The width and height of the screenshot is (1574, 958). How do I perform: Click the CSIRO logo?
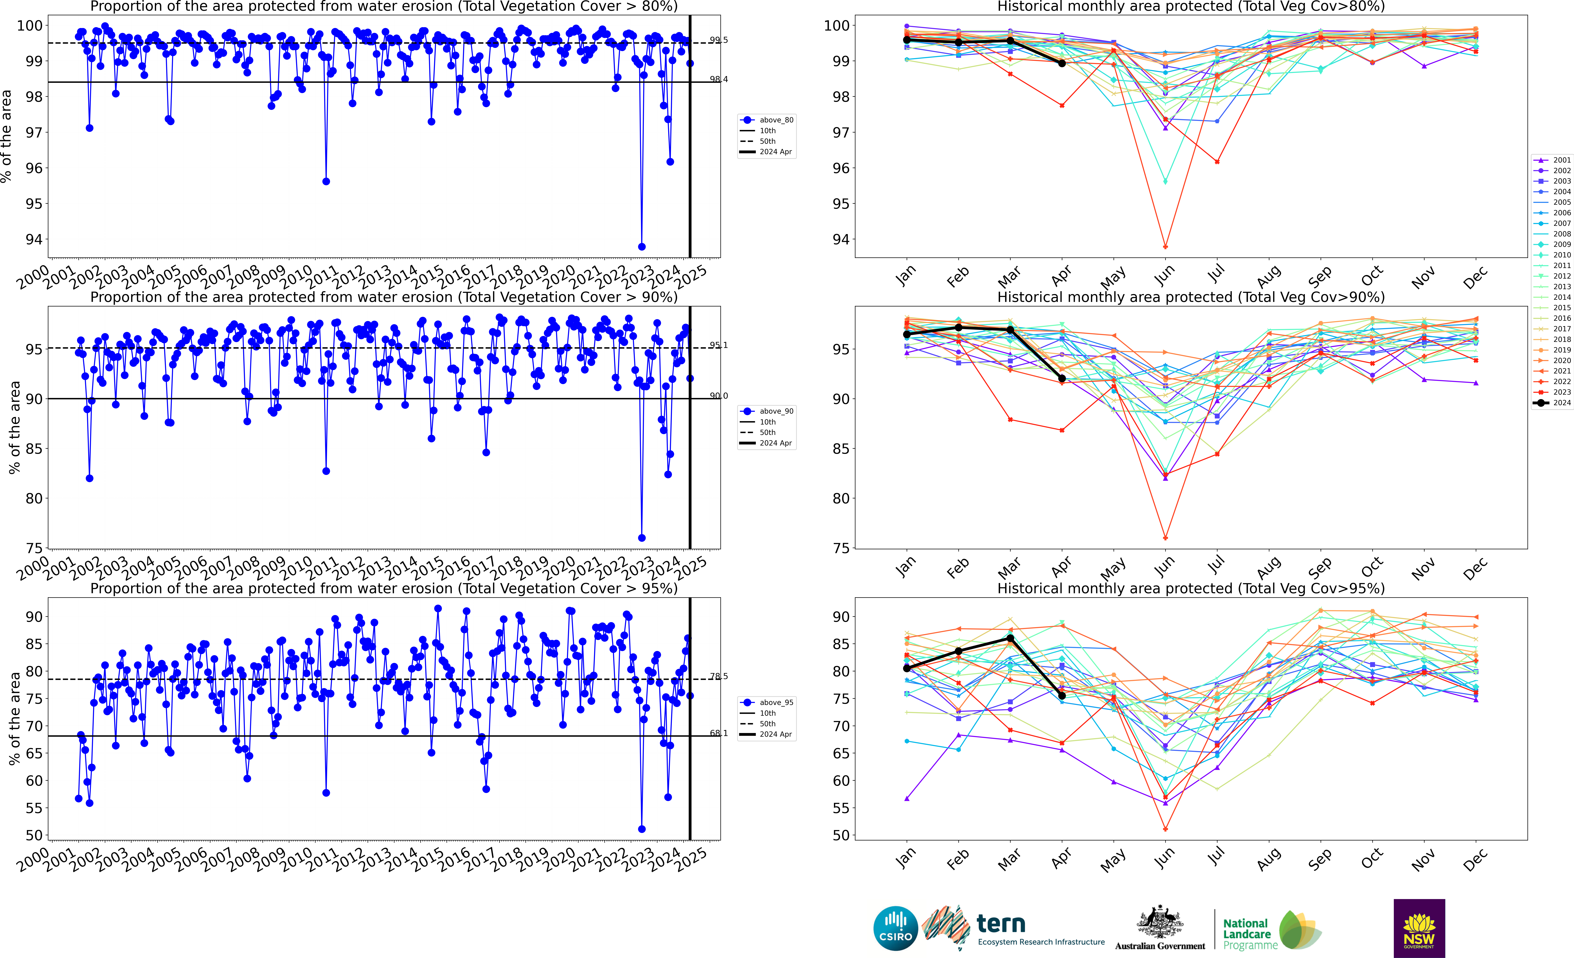896,928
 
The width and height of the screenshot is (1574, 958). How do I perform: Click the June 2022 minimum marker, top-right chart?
1165,247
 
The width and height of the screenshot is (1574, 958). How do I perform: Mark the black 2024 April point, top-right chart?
1062,63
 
